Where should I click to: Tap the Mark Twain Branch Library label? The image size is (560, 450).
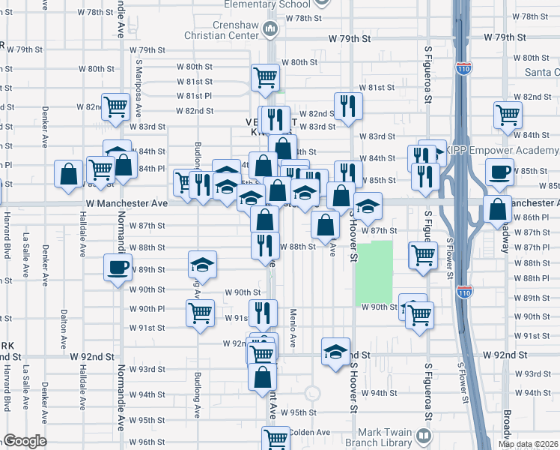click(374, 435)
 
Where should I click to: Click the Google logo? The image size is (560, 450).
click(25, 441)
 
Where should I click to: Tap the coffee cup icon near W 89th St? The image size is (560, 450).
click(118, 268)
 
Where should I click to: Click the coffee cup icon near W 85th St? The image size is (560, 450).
click(499, 172)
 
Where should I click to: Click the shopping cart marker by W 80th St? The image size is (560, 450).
click(265, 76)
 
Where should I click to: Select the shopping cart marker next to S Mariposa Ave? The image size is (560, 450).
click(115, 106)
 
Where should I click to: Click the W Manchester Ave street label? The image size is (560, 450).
click(127, 203)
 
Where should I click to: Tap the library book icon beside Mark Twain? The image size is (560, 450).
click(424, 435)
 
